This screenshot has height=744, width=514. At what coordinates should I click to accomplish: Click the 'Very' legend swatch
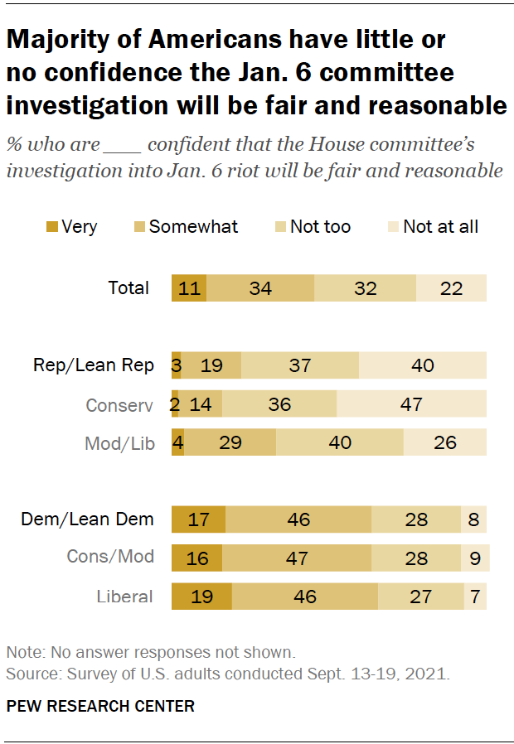pos(51,227)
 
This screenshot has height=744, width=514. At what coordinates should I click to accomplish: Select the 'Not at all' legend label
pos(440,226)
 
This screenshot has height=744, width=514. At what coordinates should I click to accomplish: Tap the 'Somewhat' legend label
pos(193,226)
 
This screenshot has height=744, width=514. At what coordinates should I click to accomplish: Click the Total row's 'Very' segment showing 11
pos(189,288)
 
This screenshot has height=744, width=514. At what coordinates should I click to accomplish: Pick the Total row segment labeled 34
pos(260,288)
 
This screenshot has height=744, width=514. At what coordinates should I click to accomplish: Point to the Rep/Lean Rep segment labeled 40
pos(422,365)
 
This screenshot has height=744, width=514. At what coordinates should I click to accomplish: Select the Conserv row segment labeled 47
pos(411,403)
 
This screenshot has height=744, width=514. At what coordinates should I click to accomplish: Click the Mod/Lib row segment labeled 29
pos(230,442)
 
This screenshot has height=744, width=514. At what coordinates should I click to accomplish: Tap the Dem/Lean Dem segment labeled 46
pos(298,519)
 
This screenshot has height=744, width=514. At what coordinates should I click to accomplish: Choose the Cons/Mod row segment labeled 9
pos(475,558)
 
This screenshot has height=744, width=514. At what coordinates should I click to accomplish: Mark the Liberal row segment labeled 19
pos(201,597)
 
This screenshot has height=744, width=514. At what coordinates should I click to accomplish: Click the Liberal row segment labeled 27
pos(420,597)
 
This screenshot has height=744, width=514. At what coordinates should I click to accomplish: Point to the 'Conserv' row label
pos(120,404)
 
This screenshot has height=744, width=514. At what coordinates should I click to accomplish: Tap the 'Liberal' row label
pos(124,597)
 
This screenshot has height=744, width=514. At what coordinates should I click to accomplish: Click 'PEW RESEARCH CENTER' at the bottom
pos(100,707)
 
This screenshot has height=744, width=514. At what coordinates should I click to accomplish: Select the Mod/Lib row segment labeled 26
pos(444,442)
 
